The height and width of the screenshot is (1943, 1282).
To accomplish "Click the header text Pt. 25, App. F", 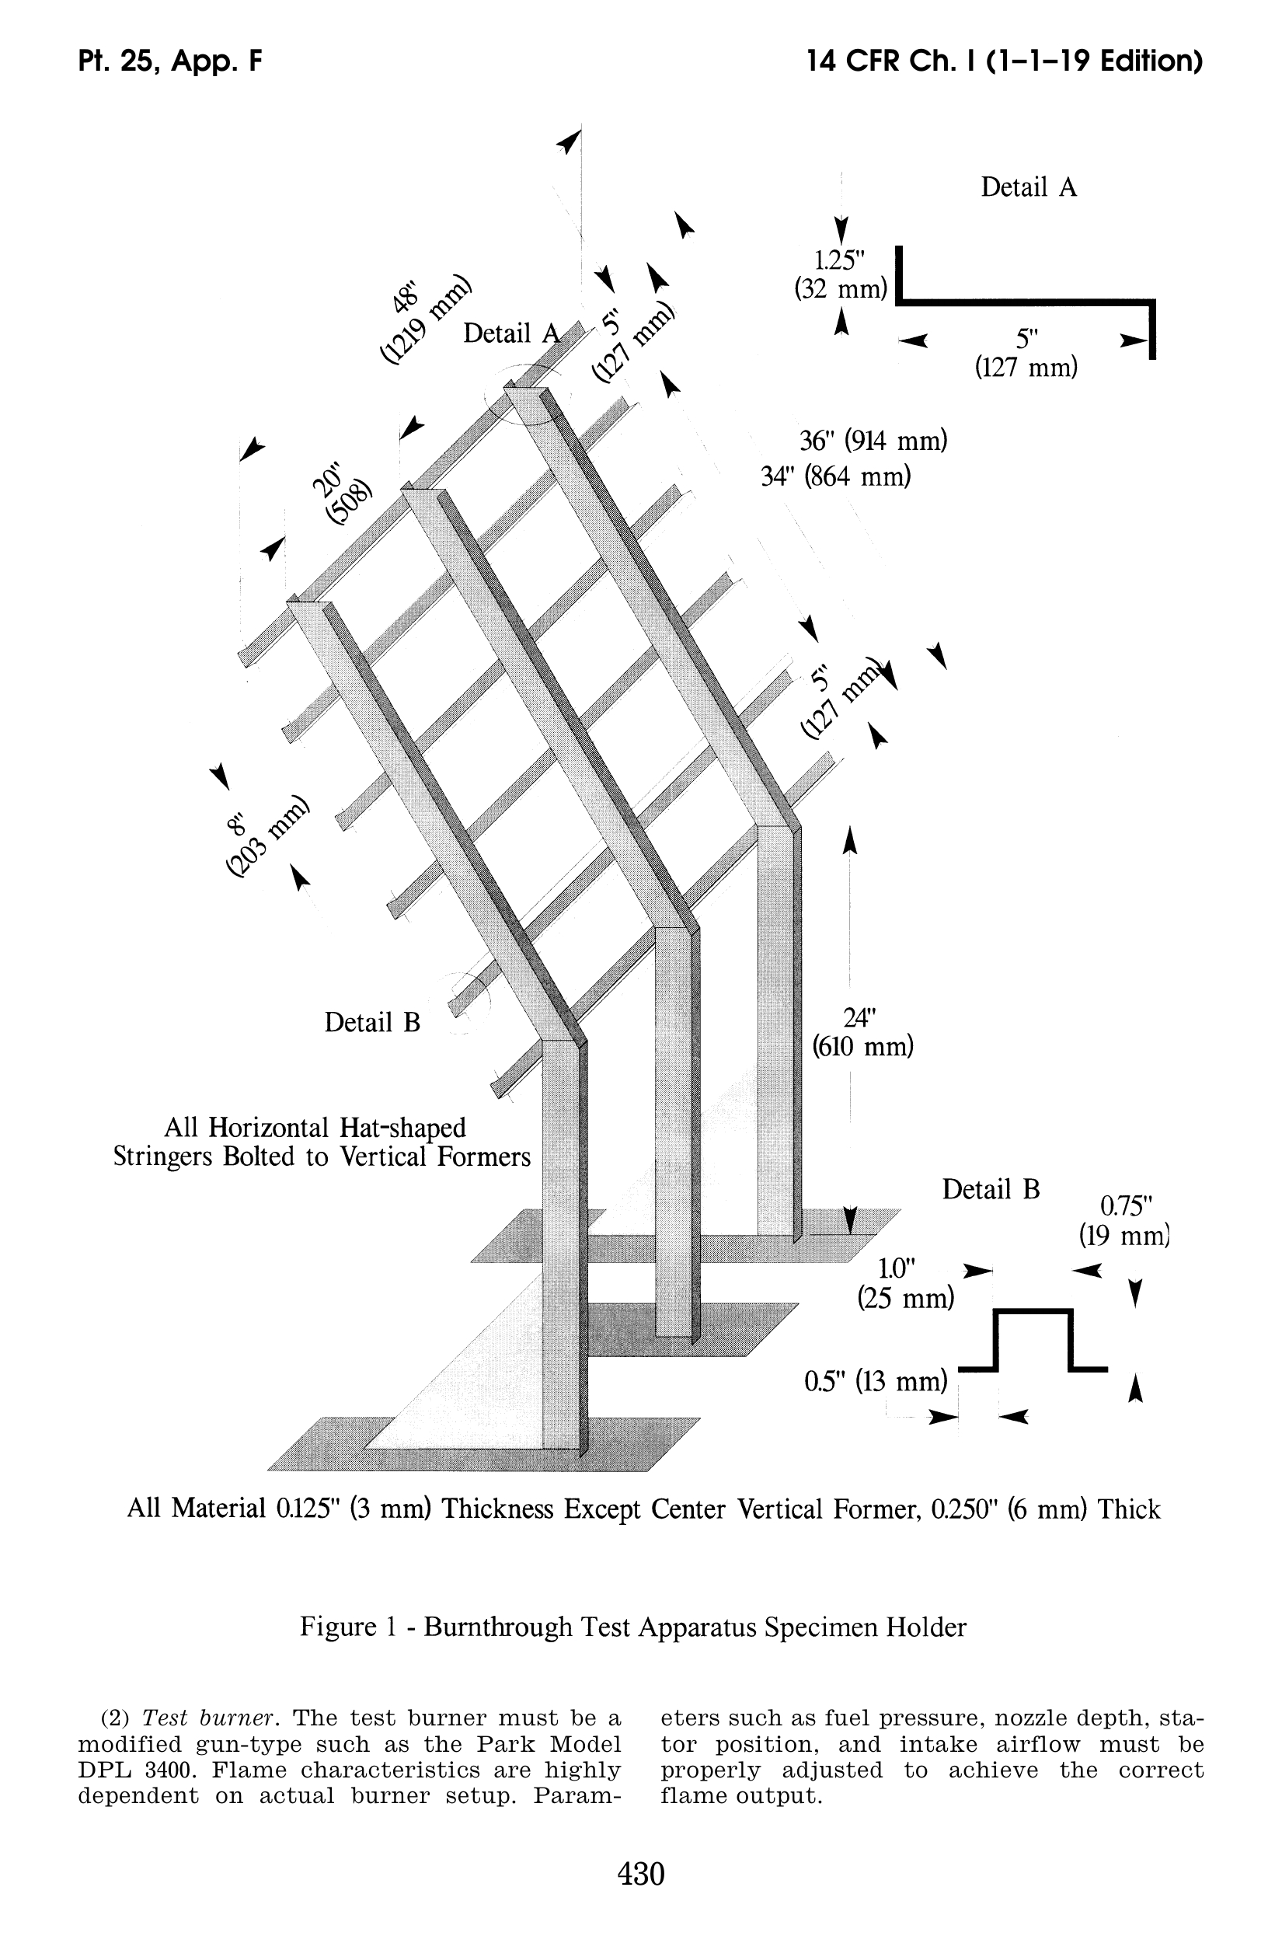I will pyautogui.click(x=170, y=61).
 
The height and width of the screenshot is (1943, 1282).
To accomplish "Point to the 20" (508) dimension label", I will pyautogui.click(x=340, y=494).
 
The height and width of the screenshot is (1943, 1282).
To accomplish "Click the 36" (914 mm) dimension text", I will pyautogui.click(x=873, y=441).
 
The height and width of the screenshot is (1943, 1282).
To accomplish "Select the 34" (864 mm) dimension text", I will pyautogui.click(x=835, y=476).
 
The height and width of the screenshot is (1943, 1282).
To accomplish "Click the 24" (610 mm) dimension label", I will pyautogui.click(x=862, y=1032).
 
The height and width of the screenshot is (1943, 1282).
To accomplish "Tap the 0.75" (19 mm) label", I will pyautogui.click(x=1125, y=1219).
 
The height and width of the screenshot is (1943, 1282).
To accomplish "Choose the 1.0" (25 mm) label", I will pyautogui.click(x=905, y=1282).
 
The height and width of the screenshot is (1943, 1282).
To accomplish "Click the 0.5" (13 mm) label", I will pyautogui.click(x=876, y=1381).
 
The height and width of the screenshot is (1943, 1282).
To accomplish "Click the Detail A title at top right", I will pyautogui.click(x=1029, y=187).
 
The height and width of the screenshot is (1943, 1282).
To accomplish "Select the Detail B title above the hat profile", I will pyautogui.click(x=990, y=1189).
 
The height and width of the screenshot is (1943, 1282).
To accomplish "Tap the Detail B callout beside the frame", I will pyautogui.click(x=372, y=1022).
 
